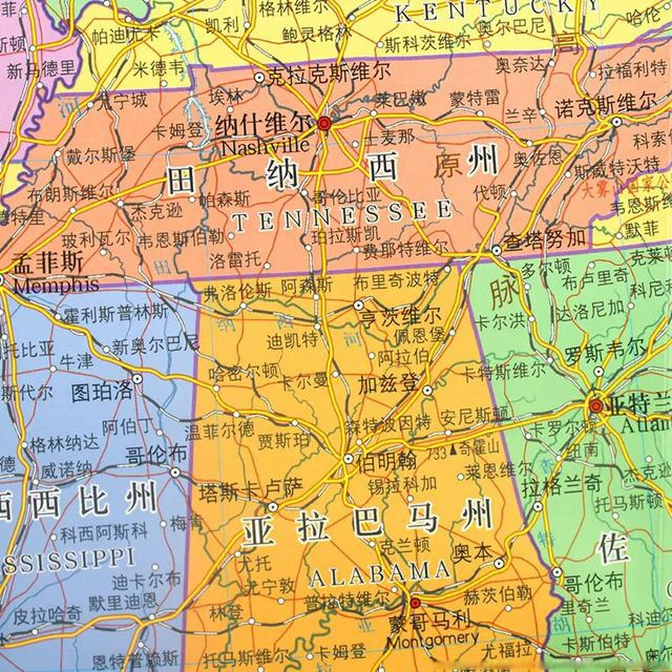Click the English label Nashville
[x=265, y=146]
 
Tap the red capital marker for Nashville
[x=324, y=124]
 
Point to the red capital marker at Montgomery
[x=415, y=602]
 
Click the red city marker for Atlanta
[x=595, y=406]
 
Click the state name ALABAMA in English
[x=380, y=573]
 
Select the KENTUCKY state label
[x=496, y=11]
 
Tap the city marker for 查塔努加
[x=497, y=250]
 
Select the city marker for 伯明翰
[x=349, y=459]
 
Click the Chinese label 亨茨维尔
[x=400, y=317]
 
